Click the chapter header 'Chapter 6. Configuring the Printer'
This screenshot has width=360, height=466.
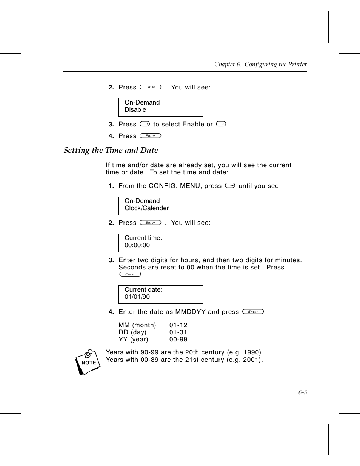[x=260, y=65]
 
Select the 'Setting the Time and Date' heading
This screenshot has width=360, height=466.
[x=111, y=150]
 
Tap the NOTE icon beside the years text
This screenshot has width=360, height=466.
[x=88, y=362]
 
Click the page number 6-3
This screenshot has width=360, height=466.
[x=302, y=392]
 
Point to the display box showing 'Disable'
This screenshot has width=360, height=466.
[x=161, y=108]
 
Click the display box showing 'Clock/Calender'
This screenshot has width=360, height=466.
[x=161, y=206]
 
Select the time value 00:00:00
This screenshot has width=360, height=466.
[x=137, y=245]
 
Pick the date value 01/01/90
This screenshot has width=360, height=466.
[x=137, y=297]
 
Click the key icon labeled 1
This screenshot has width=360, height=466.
[x=145, y=124]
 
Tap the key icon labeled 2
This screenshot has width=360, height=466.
[x=221, y=124]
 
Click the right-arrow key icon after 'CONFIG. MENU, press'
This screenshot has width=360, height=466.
[x=230, y=185]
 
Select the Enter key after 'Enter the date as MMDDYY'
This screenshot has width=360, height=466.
[x=253, y=312]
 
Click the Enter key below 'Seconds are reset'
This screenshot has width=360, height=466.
[x=130, y=274]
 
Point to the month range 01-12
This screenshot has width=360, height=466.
[x=178, y=325]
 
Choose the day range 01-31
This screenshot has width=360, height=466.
[x=178, y=332]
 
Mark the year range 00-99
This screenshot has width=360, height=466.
[x=178, y=340]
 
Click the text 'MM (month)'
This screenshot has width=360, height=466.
[x=137, y=325]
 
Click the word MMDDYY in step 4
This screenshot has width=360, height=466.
[x=191, y=312]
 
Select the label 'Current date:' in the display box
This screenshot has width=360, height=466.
[x=143, y=290]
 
